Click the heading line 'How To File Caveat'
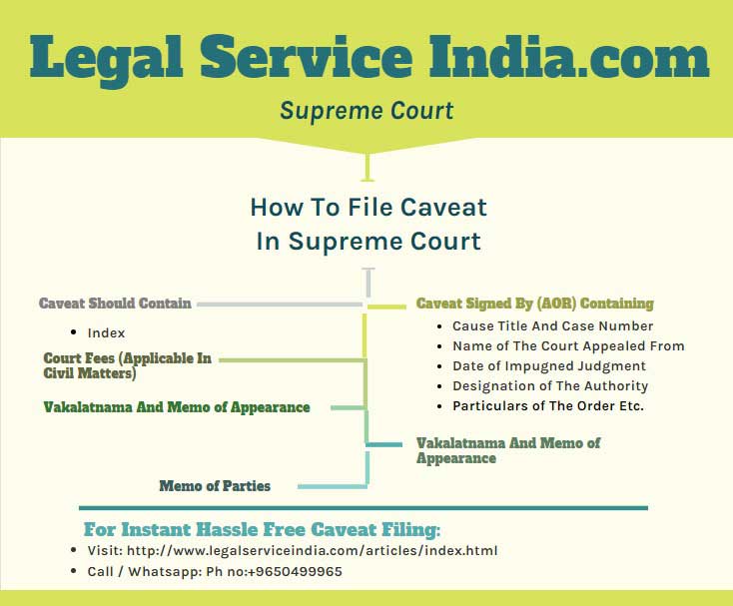(x=368, y=208)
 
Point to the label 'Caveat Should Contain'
(x=115, y=303)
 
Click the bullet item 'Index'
(x=106, y=332)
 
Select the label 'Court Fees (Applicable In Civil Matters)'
(x=128, y=366)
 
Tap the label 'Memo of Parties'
(x=215, y=486)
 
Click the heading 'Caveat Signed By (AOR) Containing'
(x=535, y=303)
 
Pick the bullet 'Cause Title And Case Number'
(x=553, y=325)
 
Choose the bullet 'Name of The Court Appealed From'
(x=568, y=345)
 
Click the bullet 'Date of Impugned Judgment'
(x=549, y=366)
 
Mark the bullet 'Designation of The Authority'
(x=550, y=386)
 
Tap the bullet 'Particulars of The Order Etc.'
(x=548, y=406)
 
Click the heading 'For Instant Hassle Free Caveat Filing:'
(x=262, y=529)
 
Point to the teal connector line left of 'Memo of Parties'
(x=320, y=487)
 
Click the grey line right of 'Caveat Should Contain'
(x=280, y=303)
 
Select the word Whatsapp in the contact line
(x=161, y=571)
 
